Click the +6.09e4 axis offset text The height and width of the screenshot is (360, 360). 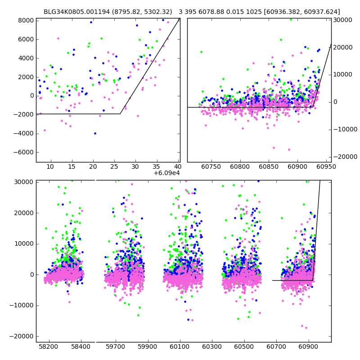(x=166, y=173)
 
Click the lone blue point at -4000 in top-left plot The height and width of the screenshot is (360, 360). (x=95, y=133)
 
